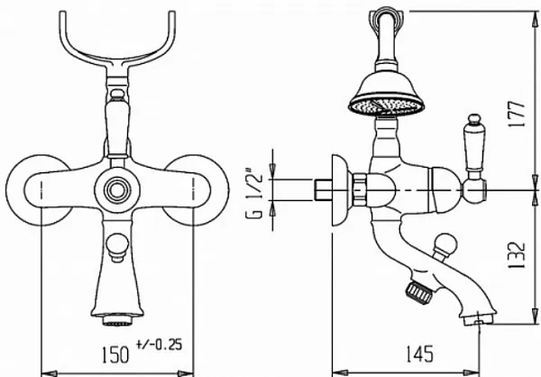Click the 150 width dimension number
pyautogui.click(x=115, y=354)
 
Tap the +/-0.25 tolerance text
pyautogui.click(x=159, y=345)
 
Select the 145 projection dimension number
pyautogui.click(x=419, y=354)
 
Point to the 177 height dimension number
pyautogui.click(x=517, y=115)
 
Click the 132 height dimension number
pyautogui.click(x=517, y=254)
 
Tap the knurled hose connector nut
pyautogui.click(x=419, y=293)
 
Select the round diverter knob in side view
pyautogui.click(x=445, y=247)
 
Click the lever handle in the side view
pyautogui.click(x=475, y=145)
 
